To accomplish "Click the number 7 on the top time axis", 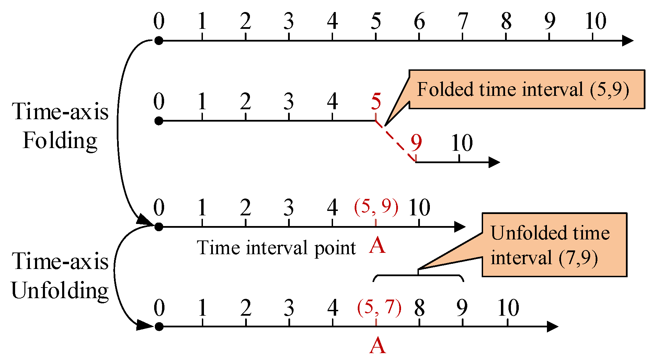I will click(x=463, y=21).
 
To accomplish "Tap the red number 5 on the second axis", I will click(x=376, y=102).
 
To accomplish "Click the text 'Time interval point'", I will click(x=276, y=248).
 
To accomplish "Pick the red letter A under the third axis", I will click(x=377, y=246).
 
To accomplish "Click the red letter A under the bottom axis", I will click(x=377, y=345).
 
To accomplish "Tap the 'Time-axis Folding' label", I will click(x=60, y=126).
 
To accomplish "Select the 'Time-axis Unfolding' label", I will click(x=60, y=276).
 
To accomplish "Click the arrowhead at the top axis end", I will click(x=627, y=41).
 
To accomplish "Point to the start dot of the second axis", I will click(x=159, y=121).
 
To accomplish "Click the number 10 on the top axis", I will click(x=596, y=21).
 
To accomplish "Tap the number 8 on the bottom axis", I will click(x=419, y=307).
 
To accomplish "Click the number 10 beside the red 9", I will click(x=462, y=143).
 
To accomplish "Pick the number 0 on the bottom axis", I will click(x=159, y=307).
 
